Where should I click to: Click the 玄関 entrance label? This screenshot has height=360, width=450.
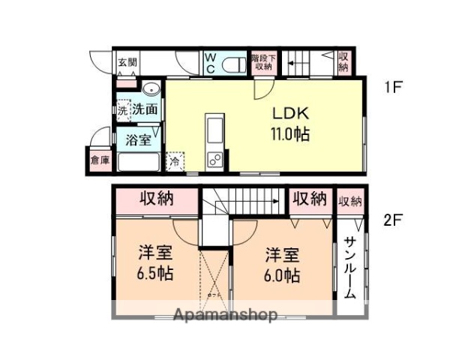coord(127,62)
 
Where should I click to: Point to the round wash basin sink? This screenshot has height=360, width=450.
coord(149,89)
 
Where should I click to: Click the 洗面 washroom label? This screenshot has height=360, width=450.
coord(145,109)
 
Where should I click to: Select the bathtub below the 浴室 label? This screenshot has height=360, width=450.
coord(139,160)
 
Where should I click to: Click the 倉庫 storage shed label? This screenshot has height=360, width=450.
coord(97,160)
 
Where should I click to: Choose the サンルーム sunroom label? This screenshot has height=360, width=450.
coord(349,268)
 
